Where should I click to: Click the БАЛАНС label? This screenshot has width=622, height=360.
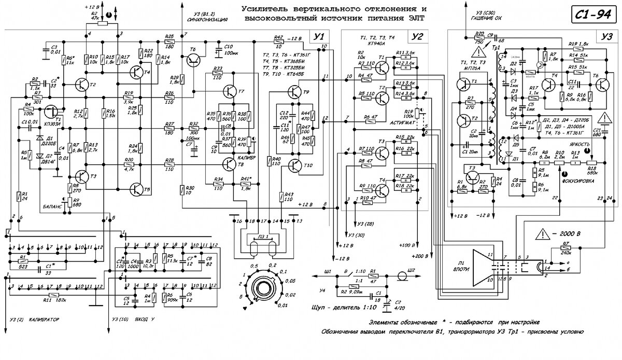point(53,205)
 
